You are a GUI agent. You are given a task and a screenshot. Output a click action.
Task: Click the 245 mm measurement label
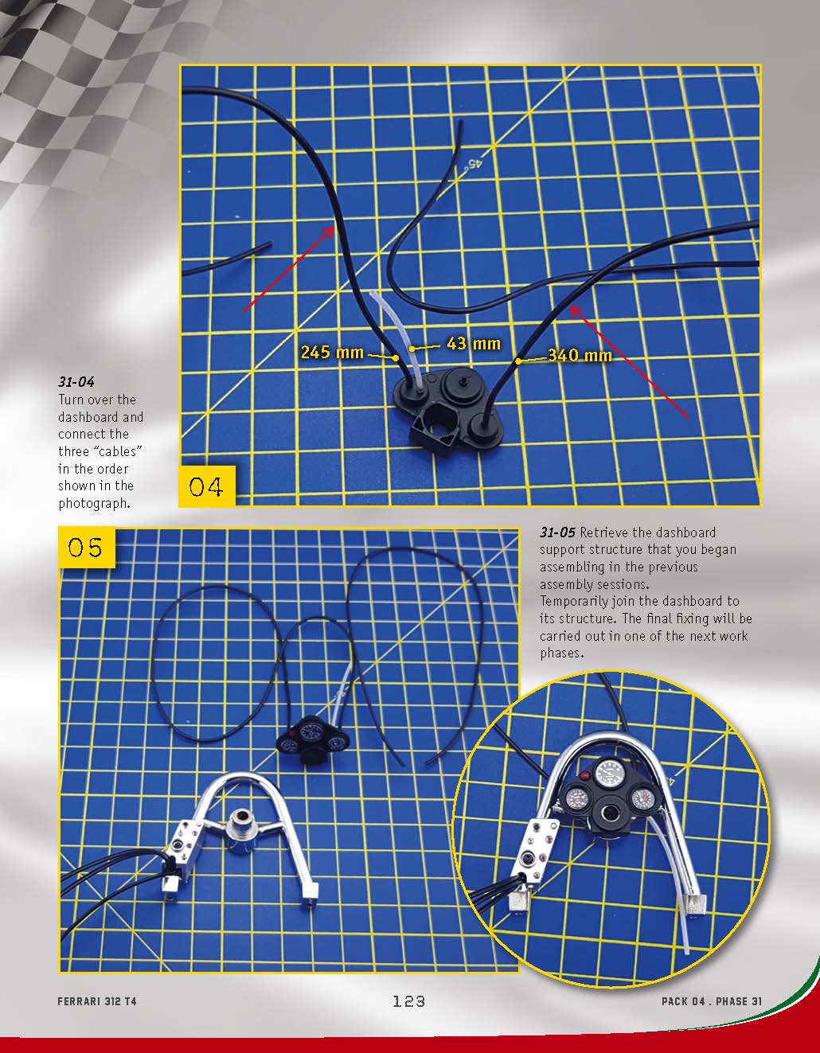(332, 352)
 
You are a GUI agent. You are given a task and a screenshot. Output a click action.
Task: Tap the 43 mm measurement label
(474, 344)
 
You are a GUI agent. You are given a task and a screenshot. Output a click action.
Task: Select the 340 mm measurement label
(580, 355)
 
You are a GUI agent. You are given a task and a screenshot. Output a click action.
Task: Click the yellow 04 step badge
(207, 486)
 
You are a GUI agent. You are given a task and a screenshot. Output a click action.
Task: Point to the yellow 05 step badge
(87, 547)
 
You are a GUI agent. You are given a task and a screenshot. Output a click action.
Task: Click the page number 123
(408, 1001)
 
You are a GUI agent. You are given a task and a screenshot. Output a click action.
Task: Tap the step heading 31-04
(76, 382)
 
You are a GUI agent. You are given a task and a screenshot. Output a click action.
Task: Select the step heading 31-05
(557, 532)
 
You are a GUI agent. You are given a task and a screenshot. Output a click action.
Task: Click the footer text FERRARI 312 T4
(97, 1001)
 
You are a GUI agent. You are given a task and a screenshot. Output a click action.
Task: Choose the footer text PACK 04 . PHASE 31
(712, 1001)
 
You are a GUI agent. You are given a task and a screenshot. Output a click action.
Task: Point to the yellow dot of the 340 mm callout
(518, 361)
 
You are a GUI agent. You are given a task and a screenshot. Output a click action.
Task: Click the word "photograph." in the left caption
(95, 504)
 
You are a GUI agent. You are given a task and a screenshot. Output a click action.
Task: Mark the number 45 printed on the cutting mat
(474, 164)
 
